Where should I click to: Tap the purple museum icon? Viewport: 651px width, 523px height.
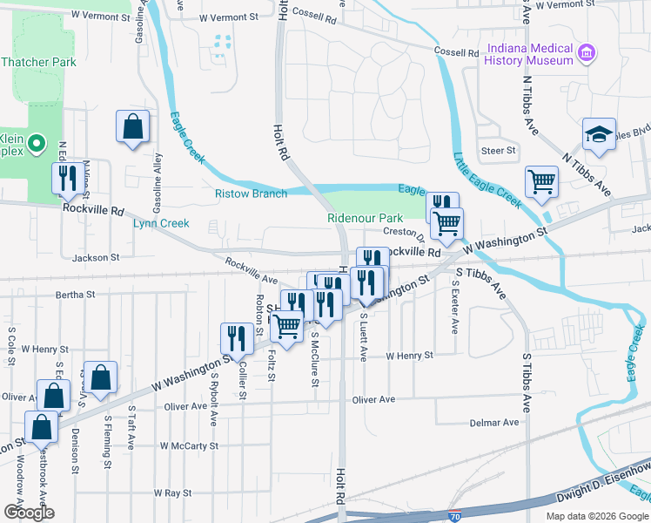point(587,54)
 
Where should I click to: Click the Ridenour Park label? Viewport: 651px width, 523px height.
point(365,218)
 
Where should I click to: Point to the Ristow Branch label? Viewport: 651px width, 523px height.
point(251,194)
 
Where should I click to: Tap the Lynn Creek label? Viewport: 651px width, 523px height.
point(161,224)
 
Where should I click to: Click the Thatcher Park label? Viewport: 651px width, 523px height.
point(38,63)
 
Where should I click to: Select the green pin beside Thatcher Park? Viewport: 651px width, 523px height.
point(36,144)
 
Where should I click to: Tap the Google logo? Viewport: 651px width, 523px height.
point(28,513)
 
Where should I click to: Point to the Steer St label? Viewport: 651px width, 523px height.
point(499,151)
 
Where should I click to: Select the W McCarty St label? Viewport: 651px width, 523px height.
point(189,445)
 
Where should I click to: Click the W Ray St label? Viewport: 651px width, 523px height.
point(172,493)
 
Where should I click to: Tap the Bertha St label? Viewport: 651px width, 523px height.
point(75,295)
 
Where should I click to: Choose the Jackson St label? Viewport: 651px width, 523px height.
point(96,258)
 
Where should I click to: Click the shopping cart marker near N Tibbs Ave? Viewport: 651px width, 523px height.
point(541,182)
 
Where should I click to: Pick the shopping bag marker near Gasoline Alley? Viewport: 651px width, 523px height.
point(132,127)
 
